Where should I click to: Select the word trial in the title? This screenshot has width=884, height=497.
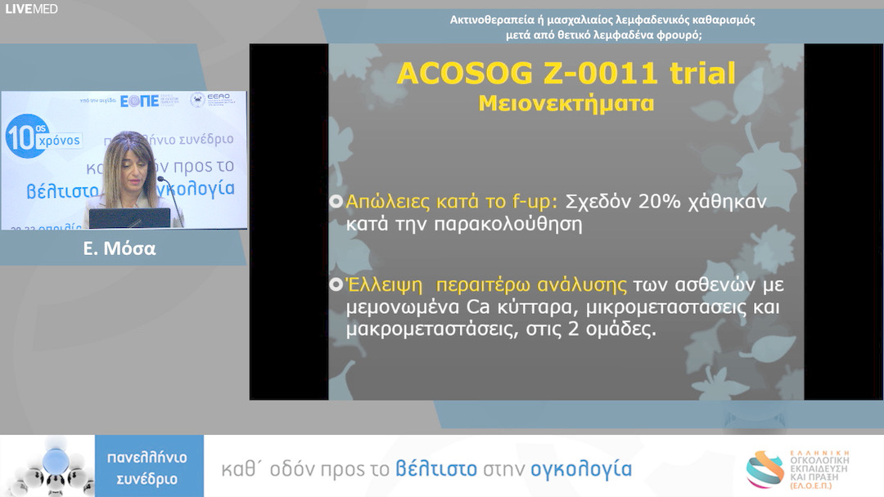pos(701,74)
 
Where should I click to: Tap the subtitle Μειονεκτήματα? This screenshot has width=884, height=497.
pos(566,105)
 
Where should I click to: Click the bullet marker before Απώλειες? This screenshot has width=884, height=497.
pos(336,202)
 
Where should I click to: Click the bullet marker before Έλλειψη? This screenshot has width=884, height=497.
pos(336,285)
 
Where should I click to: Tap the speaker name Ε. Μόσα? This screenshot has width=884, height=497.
pos(120,248)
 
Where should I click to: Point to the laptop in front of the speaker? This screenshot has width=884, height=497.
pos(129,218)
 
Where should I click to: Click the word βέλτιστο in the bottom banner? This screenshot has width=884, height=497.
pos(436,469)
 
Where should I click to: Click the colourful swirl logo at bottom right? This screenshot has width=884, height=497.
pos(765,469)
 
